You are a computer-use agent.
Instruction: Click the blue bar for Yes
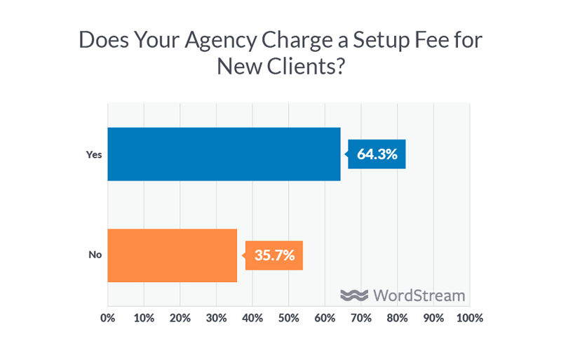click(x=224, y=154)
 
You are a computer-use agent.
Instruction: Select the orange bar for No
click(x=172, y=255)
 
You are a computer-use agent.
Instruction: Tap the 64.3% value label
click(x=377, y=154)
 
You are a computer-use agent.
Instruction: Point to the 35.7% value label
click(x=274, y=255)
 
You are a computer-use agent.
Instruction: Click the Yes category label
click(x=94, y=154)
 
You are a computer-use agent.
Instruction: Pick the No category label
click(x=95, y=255)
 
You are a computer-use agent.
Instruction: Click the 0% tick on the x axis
click(x=108, y=318)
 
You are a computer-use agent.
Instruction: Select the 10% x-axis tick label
click(x=144, y=318)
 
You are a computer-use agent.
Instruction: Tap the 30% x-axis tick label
click(x=216, y=318)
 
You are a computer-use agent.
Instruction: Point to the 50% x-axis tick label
click(x=288, y=318)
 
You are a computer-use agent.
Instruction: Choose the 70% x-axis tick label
click(x=360, y=318)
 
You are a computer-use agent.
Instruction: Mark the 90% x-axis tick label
click(x=433, y=318)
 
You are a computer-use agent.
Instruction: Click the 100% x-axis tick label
click(x=468, y=318)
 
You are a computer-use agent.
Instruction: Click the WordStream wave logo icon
click(x=354, y=295)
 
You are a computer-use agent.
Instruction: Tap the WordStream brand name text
click(x=419, y=295)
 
